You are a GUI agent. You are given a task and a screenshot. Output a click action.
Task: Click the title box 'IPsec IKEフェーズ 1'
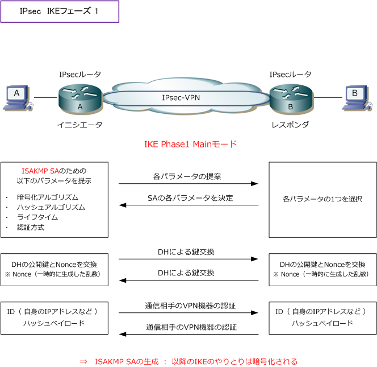(60, 11)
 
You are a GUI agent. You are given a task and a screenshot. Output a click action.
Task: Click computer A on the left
(17, 97)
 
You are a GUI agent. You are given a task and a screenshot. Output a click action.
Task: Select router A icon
(79, 98)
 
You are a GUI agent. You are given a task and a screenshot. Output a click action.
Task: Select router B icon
(290, 98)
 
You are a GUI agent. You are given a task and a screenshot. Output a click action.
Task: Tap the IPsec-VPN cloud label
(181, 97)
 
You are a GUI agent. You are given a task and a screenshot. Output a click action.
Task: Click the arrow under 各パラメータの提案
(188, 184)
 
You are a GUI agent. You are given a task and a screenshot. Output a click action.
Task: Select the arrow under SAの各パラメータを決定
(188, 205)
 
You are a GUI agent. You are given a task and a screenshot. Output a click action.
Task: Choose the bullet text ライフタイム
(37, 217)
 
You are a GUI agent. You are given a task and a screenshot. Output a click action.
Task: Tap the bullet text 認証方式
(31, 228)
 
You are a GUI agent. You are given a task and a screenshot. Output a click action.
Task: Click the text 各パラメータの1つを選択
(322, 200)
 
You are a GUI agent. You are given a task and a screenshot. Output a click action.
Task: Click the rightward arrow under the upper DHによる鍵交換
(188, 259)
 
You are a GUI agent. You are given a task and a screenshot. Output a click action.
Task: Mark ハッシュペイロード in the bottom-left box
(54, 323)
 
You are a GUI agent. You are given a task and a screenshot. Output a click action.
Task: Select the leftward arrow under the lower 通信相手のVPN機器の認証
(188, 334)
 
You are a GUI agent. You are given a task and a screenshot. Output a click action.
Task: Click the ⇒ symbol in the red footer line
(83, 361)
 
